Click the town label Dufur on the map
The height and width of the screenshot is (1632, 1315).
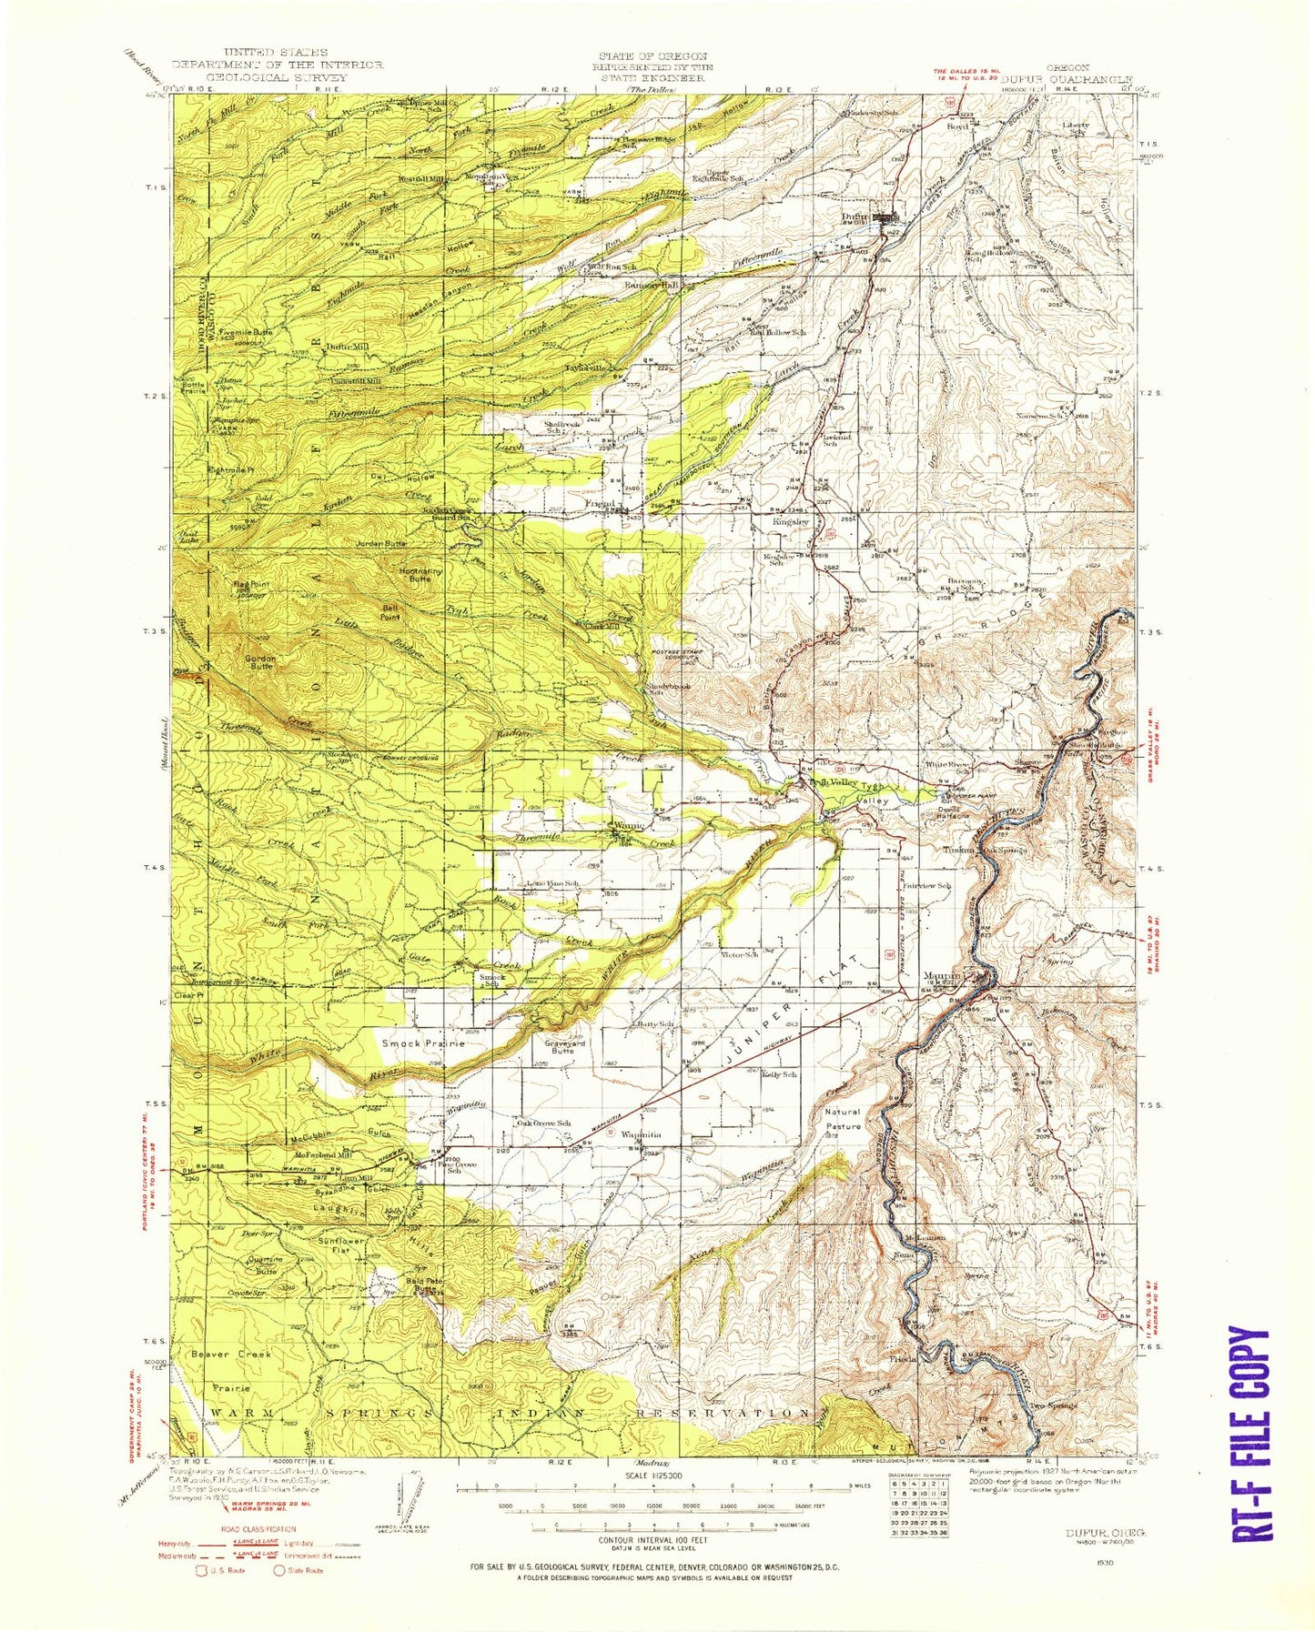tap(855, 217)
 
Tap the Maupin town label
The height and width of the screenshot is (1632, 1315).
tap(942, 977)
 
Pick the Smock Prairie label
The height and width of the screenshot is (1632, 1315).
tap(423, 1043)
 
